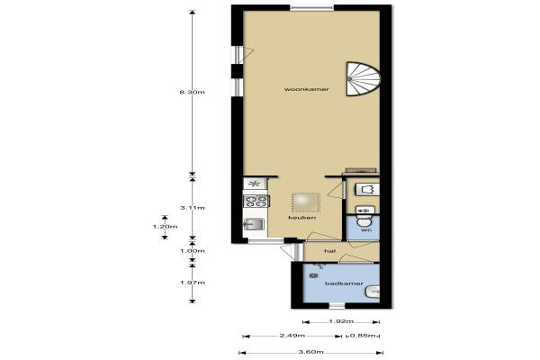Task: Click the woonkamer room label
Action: pos(307,89)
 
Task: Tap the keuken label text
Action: pos(302,218)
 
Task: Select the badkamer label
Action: pos(344,283)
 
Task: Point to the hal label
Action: pos(330,251)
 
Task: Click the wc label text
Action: pos(365,229)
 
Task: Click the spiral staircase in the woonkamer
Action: pos(364,79)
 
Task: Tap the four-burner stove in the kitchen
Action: pos(256,201)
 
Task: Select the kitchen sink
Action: pos(254,225)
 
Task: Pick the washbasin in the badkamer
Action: pos(373,292)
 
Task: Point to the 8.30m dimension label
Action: pos(193,92)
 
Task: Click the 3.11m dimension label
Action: pos(193,208)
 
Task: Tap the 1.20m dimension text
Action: pos(165,226)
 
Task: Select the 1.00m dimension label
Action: pos(193,251)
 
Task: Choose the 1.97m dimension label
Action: pos(193,283)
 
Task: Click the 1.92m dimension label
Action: pos(341,321)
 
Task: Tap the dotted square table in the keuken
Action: pos(306,202)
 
